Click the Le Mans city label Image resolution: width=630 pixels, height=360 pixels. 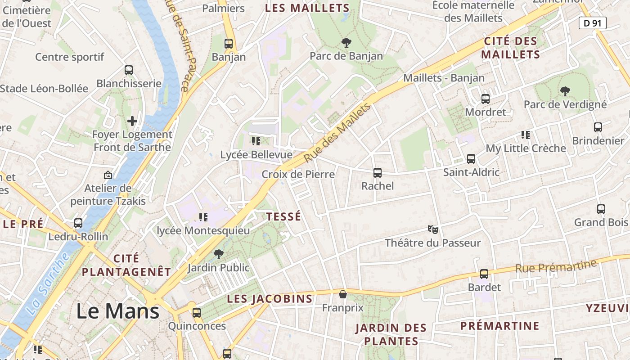(117, 311)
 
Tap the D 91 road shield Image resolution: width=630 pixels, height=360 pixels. (592, 23)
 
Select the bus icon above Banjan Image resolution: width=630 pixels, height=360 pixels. (229, 44)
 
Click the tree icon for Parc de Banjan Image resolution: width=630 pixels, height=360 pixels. (346, 43)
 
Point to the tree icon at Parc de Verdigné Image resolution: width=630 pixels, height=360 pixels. (565, 91)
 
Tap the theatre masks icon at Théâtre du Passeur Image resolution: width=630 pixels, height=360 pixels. (433, 229)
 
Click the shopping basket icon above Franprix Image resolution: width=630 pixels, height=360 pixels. (343, 294)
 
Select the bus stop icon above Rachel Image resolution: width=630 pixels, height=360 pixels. (378, 172)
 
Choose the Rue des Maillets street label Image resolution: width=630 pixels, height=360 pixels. (337, 133)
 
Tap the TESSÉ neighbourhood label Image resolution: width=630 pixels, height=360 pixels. (283, 217)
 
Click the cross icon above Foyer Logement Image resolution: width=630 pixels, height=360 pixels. (132, 121)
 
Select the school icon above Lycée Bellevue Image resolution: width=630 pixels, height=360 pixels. (256, 141)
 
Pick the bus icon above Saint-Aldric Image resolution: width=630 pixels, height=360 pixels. (471, 158)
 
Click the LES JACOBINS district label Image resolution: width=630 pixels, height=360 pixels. (270, 299)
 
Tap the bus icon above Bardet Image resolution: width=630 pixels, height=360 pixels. (484, 274)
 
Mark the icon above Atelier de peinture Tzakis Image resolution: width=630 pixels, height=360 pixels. (108, 175)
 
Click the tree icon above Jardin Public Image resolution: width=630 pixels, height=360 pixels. (218, 254)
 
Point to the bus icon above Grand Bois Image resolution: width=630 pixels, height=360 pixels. (601, 209)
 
